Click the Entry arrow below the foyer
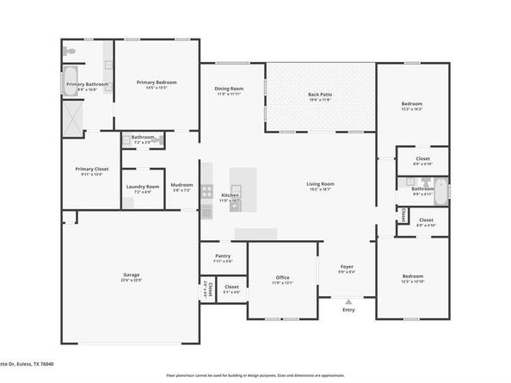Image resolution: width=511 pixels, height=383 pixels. [x=348, y=301]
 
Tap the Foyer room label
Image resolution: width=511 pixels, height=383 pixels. [x=347, y=267]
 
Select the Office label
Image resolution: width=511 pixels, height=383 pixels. [x=283, y=277]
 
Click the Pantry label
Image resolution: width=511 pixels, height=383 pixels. [x=223, y=256]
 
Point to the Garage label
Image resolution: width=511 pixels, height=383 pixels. [x=131, y=275]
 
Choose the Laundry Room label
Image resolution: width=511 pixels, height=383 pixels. [x=143, y=186]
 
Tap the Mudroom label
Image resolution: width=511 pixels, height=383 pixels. [x=182, y=184]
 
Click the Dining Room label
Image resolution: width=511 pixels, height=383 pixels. [x=229, y=89]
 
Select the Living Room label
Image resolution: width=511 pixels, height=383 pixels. [x=320, y=183]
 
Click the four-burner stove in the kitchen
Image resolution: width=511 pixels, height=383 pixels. [x=206, y=191]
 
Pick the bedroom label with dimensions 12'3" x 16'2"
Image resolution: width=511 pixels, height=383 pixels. [x=411, y=103]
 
